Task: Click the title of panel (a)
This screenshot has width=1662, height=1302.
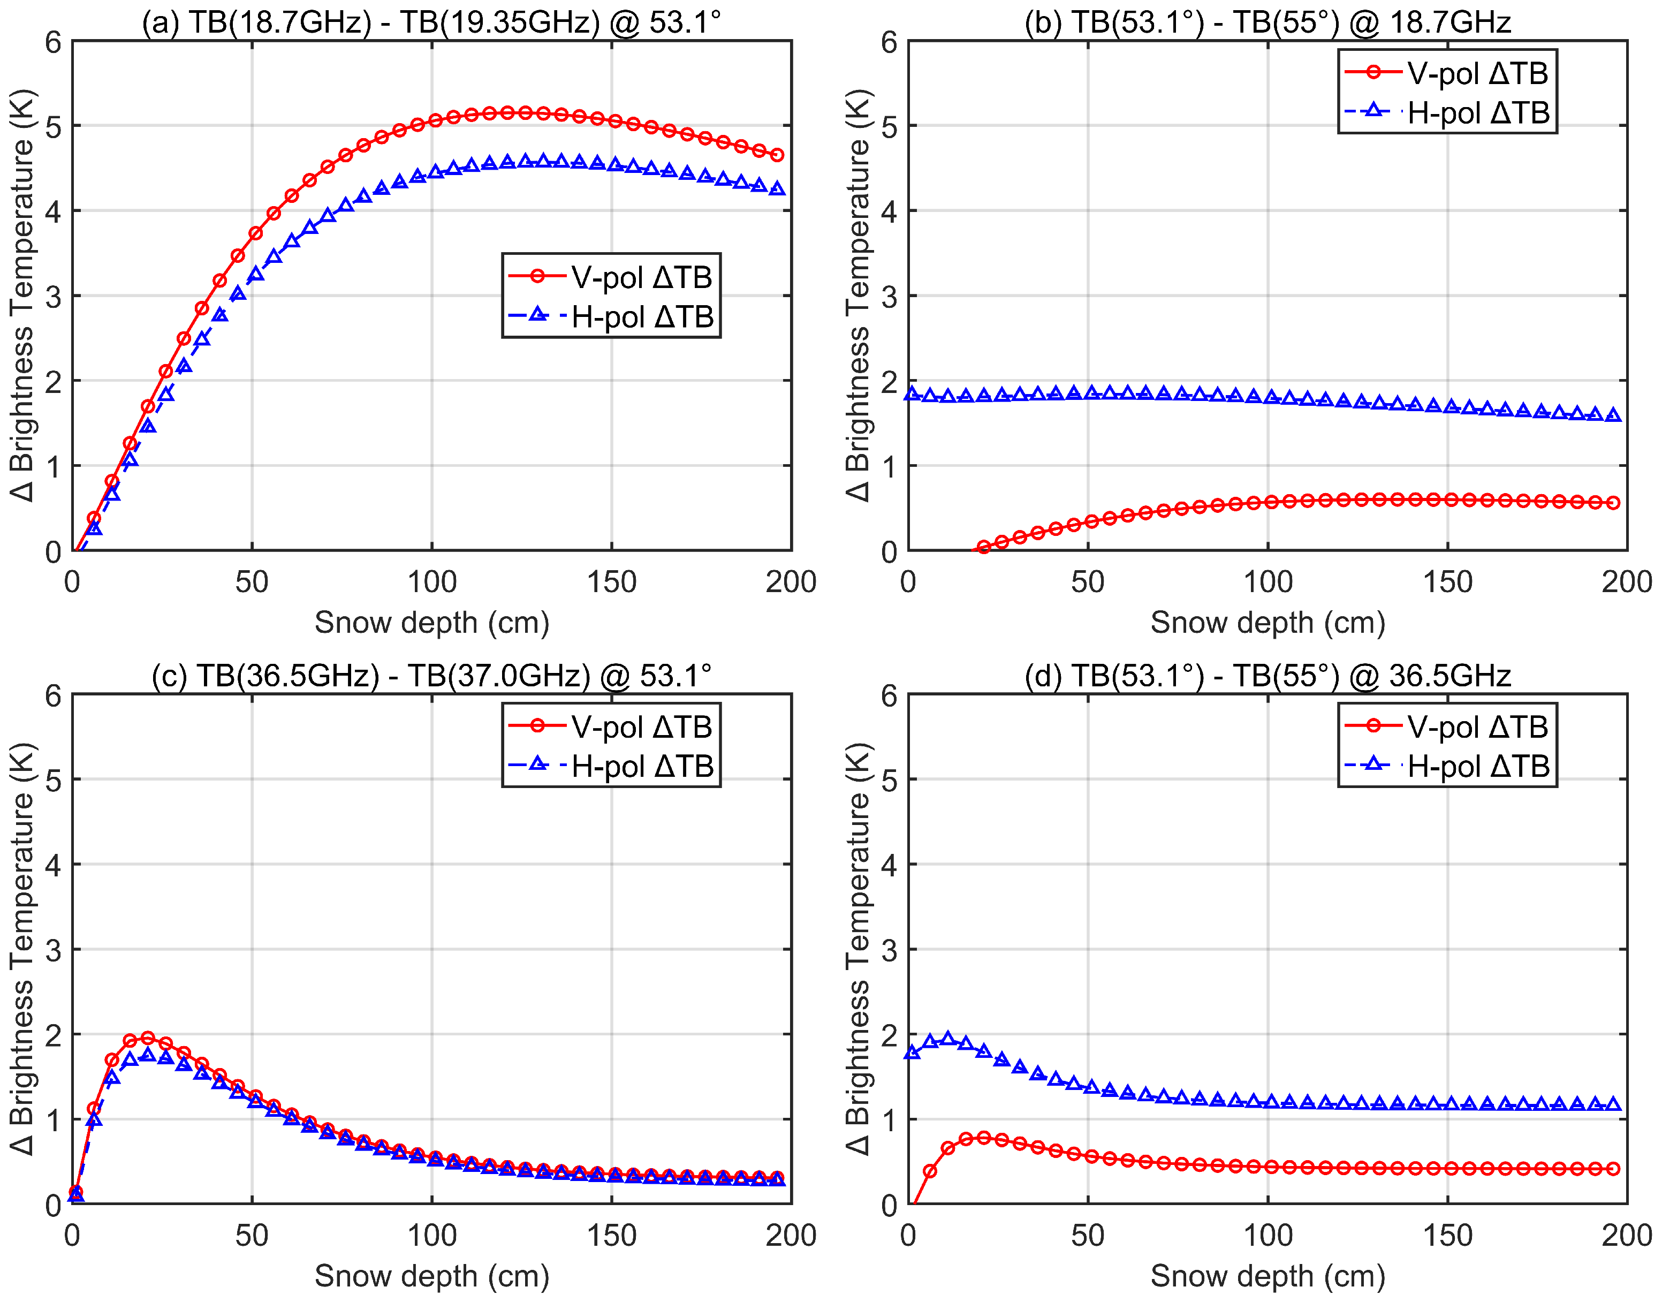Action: point(431,21)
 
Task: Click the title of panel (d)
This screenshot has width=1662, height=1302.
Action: point(1268,676)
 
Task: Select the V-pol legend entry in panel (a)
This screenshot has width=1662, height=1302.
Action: point(610,277)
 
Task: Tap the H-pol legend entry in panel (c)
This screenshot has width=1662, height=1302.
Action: point(610,766)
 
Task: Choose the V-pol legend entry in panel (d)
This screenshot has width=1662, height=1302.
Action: point(1446,726)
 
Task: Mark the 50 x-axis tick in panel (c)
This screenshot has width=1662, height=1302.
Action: point(252,1235)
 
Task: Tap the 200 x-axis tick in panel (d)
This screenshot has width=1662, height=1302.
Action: point(1626,1235)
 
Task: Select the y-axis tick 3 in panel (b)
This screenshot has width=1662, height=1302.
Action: point(889,297)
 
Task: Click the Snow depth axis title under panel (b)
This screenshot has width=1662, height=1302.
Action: point(1268,623)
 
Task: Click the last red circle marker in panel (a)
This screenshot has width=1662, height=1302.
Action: point(777,155)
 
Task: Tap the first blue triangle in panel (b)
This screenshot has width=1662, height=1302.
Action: point(912,393)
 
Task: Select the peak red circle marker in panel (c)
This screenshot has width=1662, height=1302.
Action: point(148,1038)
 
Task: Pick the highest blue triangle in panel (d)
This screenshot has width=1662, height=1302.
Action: point(947,1038)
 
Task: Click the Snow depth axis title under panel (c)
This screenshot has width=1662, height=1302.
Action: point(431,1275)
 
